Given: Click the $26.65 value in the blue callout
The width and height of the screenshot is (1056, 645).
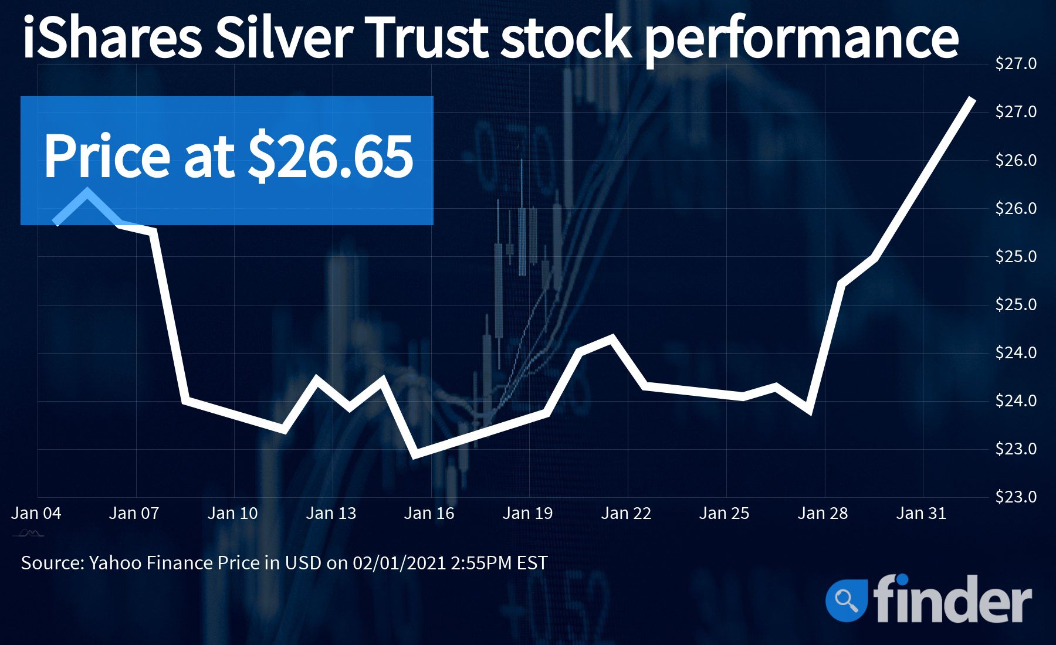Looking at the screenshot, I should (330, 157).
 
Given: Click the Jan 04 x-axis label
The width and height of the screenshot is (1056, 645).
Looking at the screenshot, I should (36, 514).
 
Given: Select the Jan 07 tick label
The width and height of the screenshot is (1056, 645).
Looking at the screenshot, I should (134, 514).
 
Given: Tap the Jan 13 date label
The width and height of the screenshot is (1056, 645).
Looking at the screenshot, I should (331, 514).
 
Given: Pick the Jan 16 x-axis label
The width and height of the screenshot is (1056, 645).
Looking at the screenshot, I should (429, 514).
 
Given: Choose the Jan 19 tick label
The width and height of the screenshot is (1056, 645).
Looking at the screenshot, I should (527, 514).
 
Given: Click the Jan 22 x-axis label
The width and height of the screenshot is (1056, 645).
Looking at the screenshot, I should (626, 514).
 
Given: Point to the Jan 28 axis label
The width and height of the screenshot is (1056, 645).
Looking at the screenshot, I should (823, 514).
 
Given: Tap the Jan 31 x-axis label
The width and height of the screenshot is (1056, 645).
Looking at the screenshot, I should (921, 514).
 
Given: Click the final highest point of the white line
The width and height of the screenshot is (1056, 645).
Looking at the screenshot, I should (972, 99).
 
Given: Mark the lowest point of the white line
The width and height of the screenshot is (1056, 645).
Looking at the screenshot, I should (415, 454).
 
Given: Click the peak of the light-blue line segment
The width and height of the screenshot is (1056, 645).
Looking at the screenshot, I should (87, 192).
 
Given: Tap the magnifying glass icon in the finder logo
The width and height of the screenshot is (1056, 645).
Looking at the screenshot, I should (846, 599).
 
